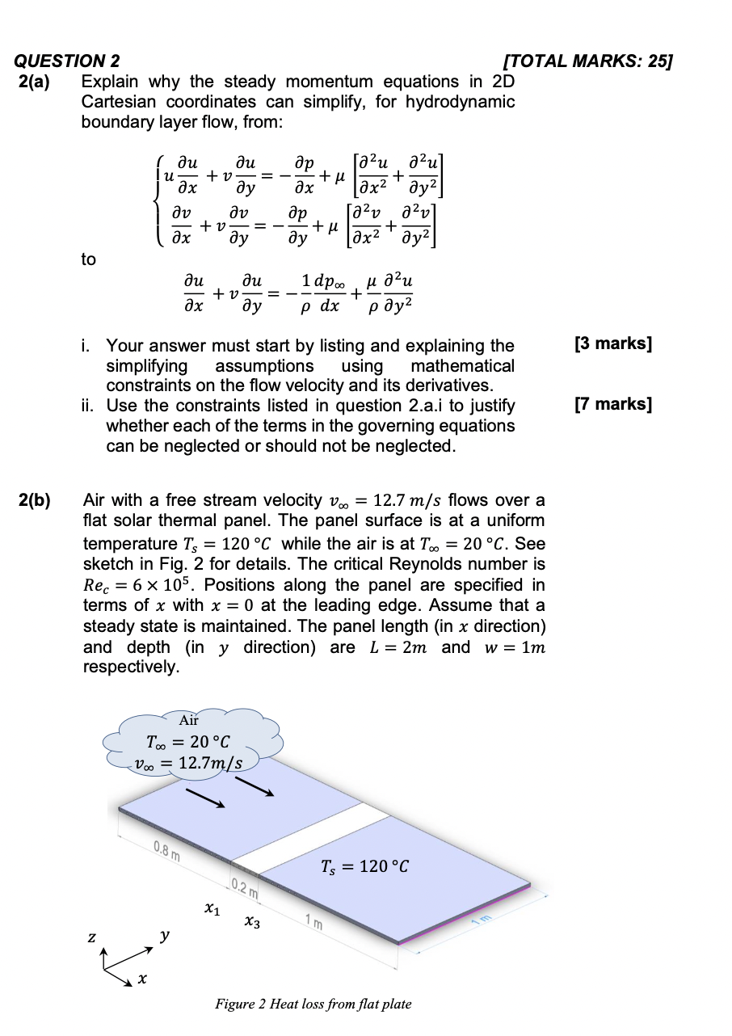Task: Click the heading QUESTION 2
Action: click(x=68, y=61)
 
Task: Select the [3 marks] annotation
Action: click(x=612, y=343)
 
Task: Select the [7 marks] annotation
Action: click(x=612, y=404)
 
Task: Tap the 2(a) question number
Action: click(x=36, y=82)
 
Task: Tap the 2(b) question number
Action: click(x=36, y=500)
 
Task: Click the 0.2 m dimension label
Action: click(x=244, y=889)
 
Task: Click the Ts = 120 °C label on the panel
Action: click(x=365, y=867)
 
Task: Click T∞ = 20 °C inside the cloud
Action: click(x=188, y=741)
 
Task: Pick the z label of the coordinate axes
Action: click(x=94, y=937)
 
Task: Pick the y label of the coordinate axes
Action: click(x=164, y=936)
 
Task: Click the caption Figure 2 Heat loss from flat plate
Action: click(x=313, y=1004)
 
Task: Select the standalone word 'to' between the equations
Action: click(x=88, y=259)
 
